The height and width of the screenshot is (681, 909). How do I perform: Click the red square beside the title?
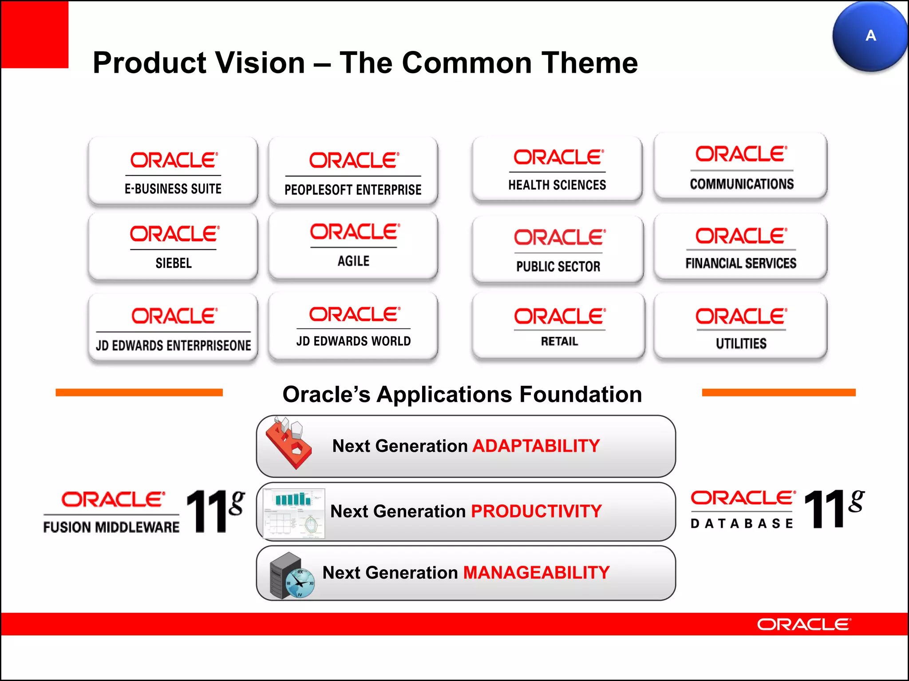click(x=35, y=34)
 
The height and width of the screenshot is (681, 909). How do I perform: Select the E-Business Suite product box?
click(x=173, y=171)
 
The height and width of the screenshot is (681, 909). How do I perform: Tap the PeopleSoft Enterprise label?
click(x=353, y=190)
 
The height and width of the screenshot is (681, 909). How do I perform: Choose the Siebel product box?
click(x=173, y=247)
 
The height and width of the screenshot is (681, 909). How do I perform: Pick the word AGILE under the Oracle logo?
click(x=353, y=261)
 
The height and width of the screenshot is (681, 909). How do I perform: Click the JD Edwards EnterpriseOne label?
click(x=174, y=345)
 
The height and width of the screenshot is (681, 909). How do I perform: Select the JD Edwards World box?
click(x=353, y=326)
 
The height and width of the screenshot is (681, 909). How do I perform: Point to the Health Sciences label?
click(x=557, y=185)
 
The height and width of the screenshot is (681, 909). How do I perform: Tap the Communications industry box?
click(x=740, y=167)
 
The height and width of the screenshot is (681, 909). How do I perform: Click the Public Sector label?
click(x=558, y=266)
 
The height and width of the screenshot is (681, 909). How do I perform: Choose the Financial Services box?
click(x=740, y=247)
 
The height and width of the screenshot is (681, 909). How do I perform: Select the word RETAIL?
click(x=559, y=341)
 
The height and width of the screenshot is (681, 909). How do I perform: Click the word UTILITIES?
click(x=741, y=344)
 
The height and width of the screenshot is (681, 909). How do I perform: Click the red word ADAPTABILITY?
click(x=536, y=446)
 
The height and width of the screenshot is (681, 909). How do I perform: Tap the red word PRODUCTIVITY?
click(x=536, y=512)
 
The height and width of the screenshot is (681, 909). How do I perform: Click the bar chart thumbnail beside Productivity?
click(x=293, y=513)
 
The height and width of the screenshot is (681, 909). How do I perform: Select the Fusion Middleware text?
click(x=111, y=527)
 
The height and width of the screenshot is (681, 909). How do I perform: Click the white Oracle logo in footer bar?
click(x=804, y=625)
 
